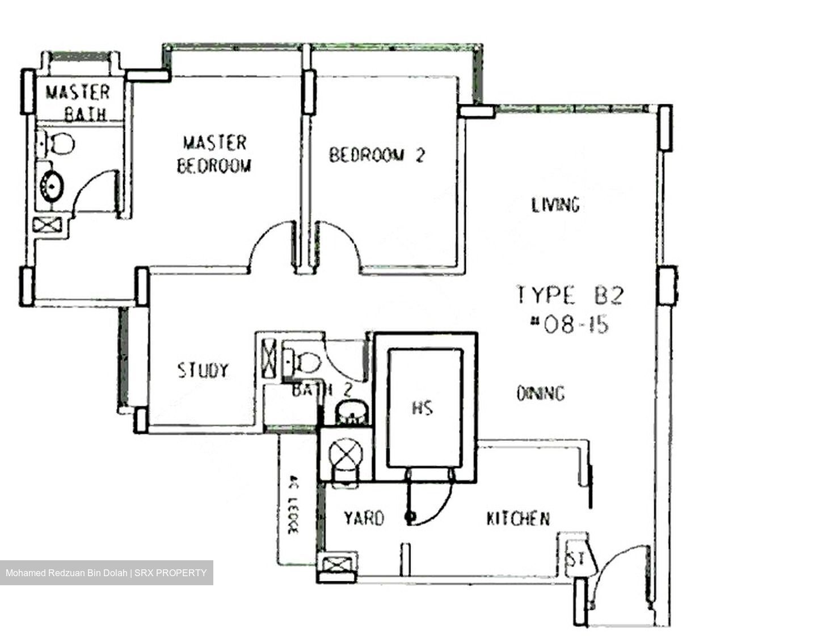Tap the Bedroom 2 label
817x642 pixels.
377,155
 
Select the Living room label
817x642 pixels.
555,204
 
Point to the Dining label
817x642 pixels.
541,393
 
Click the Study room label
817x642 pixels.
203,370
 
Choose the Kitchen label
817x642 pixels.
518,518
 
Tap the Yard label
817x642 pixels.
364,518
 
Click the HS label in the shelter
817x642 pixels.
423,408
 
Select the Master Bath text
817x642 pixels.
78,103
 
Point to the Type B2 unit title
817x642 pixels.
570,295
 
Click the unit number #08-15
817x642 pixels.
569,325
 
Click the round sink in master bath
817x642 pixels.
52,185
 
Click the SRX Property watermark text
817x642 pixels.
106,573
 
